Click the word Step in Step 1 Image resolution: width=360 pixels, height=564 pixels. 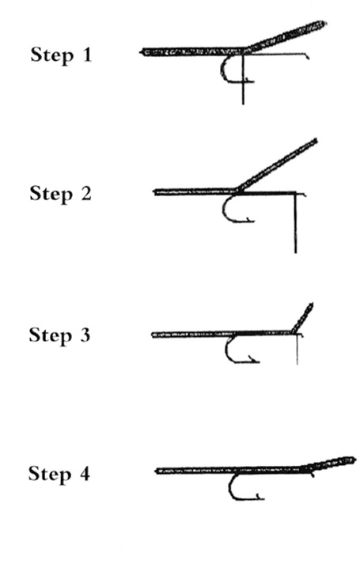[x=51, y=55]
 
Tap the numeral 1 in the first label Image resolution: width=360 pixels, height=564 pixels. [x=87, y=55]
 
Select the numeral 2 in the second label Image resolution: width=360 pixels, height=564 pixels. [x=86, y=193]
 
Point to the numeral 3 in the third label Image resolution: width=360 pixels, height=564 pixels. [x=85, y=335]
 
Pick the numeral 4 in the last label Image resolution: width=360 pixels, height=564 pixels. [x=84, y=473]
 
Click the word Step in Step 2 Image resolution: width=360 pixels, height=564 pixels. [x=51, y=195]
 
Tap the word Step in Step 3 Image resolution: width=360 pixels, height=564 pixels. [x=50, y=336]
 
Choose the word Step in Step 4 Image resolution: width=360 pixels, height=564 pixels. [x=49, y=475]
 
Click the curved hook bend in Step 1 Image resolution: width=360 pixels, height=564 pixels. [x=222, y=70]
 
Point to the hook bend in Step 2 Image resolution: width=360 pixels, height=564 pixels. [x=224, y=210]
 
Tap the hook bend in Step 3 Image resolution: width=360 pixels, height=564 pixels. [x=226, y=350]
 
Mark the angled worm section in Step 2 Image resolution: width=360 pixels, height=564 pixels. [x=276, y=165]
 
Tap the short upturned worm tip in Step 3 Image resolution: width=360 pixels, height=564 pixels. [x=303, y=318]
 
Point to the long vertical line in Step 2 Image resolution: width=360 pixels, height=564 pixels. [x=296, y=223]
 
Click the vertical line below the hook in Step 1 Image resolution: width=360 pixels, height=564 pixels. [x=243, y=79]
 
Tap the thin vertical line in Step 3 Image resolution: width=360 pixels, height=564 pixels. [x=297, y=350]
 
